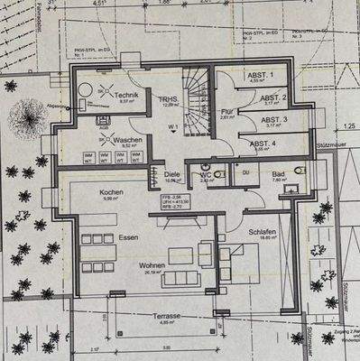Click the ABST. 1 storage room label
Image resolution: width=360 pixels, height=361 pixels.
point(273,75)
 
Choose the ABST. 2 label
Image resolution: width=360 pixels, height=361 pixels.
point(274,97)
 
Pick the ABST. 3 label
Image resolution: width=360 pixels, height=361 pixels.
point(274,119)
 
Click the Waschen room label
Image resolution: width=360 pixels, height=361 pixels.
point(127,140)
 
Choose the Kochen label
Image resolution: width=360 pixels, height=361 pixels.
point(111,193)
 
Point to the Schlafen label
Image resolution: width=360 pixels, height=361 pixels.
point(263,231)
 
